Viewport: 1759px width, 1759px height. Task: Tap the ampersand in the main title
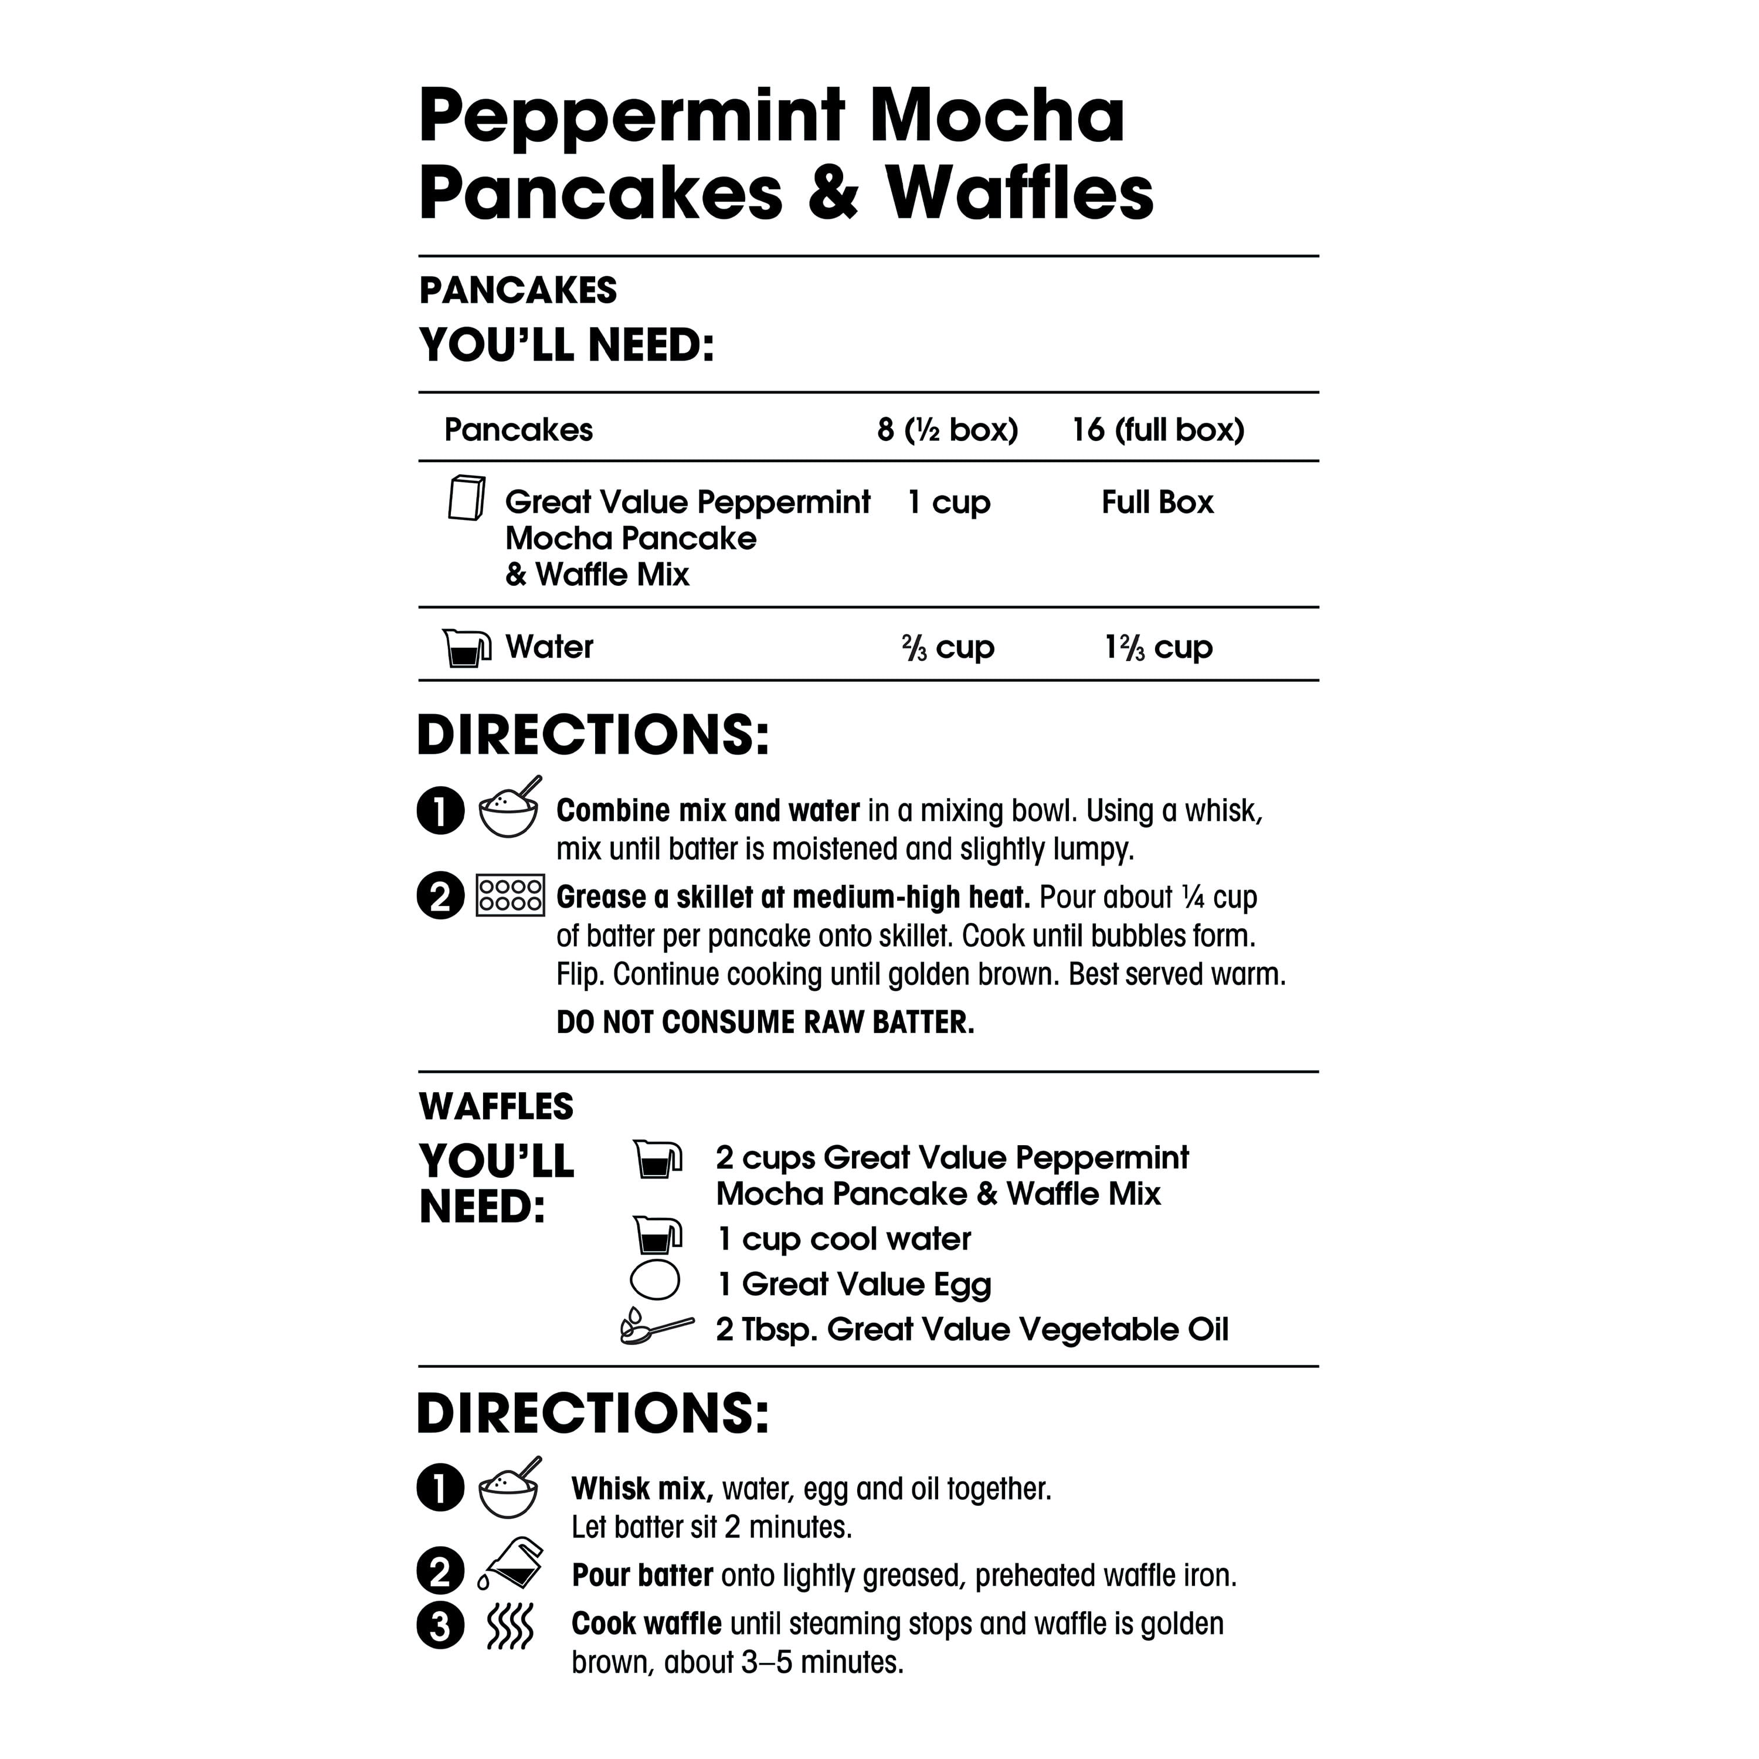[x=833, y=193]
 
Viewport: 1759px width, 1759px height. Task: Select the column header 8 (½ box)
[x=947, y=430]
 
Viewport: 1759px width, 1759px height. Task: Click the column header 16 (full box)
[x=1157, y=430]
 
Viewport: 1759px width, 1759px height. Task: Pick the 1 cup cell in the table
[x=949, y=502]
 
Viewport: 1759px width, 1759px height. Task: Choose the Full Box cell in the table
[x=1157, y=502]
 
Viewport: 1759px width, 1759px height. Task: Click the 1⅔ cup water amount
[x=1158, y=647]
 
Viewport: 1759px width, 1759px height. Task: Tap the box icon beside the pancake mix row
[x=466, y=498]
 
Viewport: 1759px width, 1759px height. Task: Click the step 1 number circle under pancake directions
[x=441, y=810]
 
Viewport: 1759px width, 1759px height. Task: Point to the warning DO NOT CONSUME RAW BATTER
[x=765, y=1023]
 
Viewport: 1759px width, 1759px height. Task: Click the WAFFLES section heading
[x=496, y=1107]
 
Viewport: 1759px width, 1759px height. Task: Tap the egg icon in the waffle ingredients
[x=654, y=1280]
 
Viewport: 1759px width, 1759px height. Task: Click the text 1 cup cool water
[x=843, y=1239]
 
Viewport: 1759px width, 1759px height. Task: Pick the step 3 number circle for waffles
[x=441, y=1625]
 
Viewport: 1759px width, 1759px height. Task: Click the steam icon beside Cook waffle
[x=510, y=1625]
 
